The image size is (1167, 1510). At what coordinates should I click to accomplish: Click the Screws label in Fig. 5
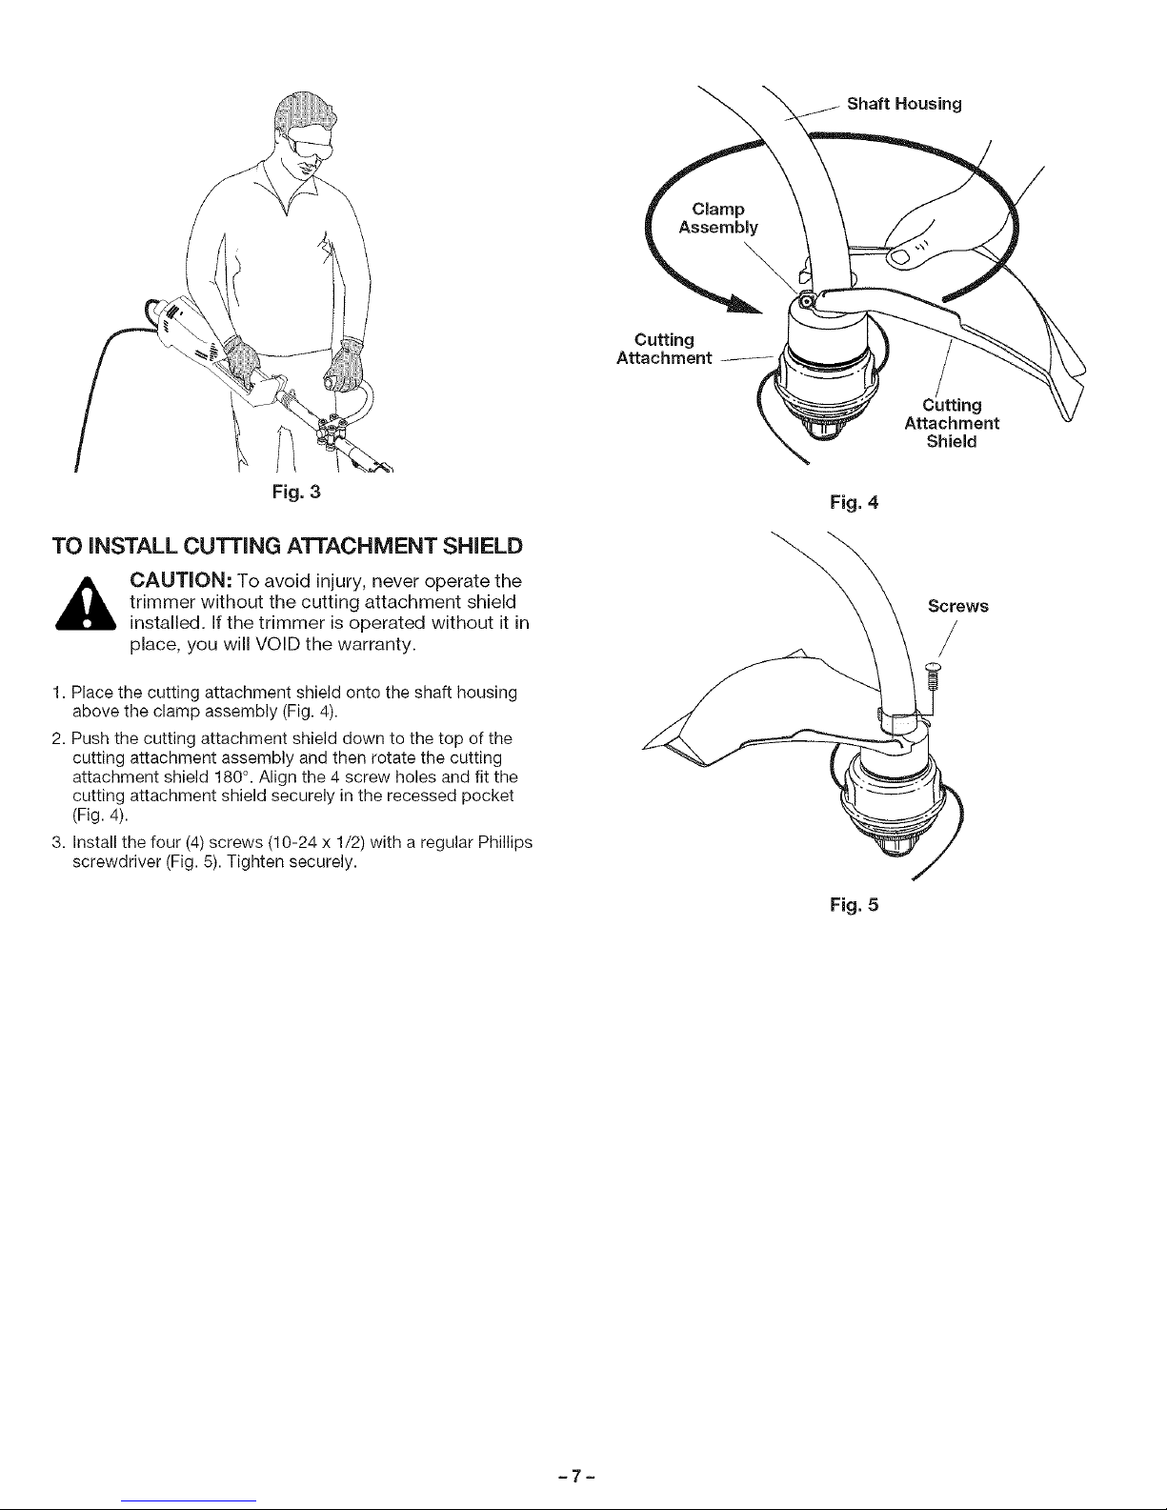pyautogui.click(x=958, y=606)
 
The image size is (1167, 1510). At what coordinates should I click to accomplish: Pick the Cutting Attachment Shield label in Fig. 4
pyautogui.click(x=950, y=423)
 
